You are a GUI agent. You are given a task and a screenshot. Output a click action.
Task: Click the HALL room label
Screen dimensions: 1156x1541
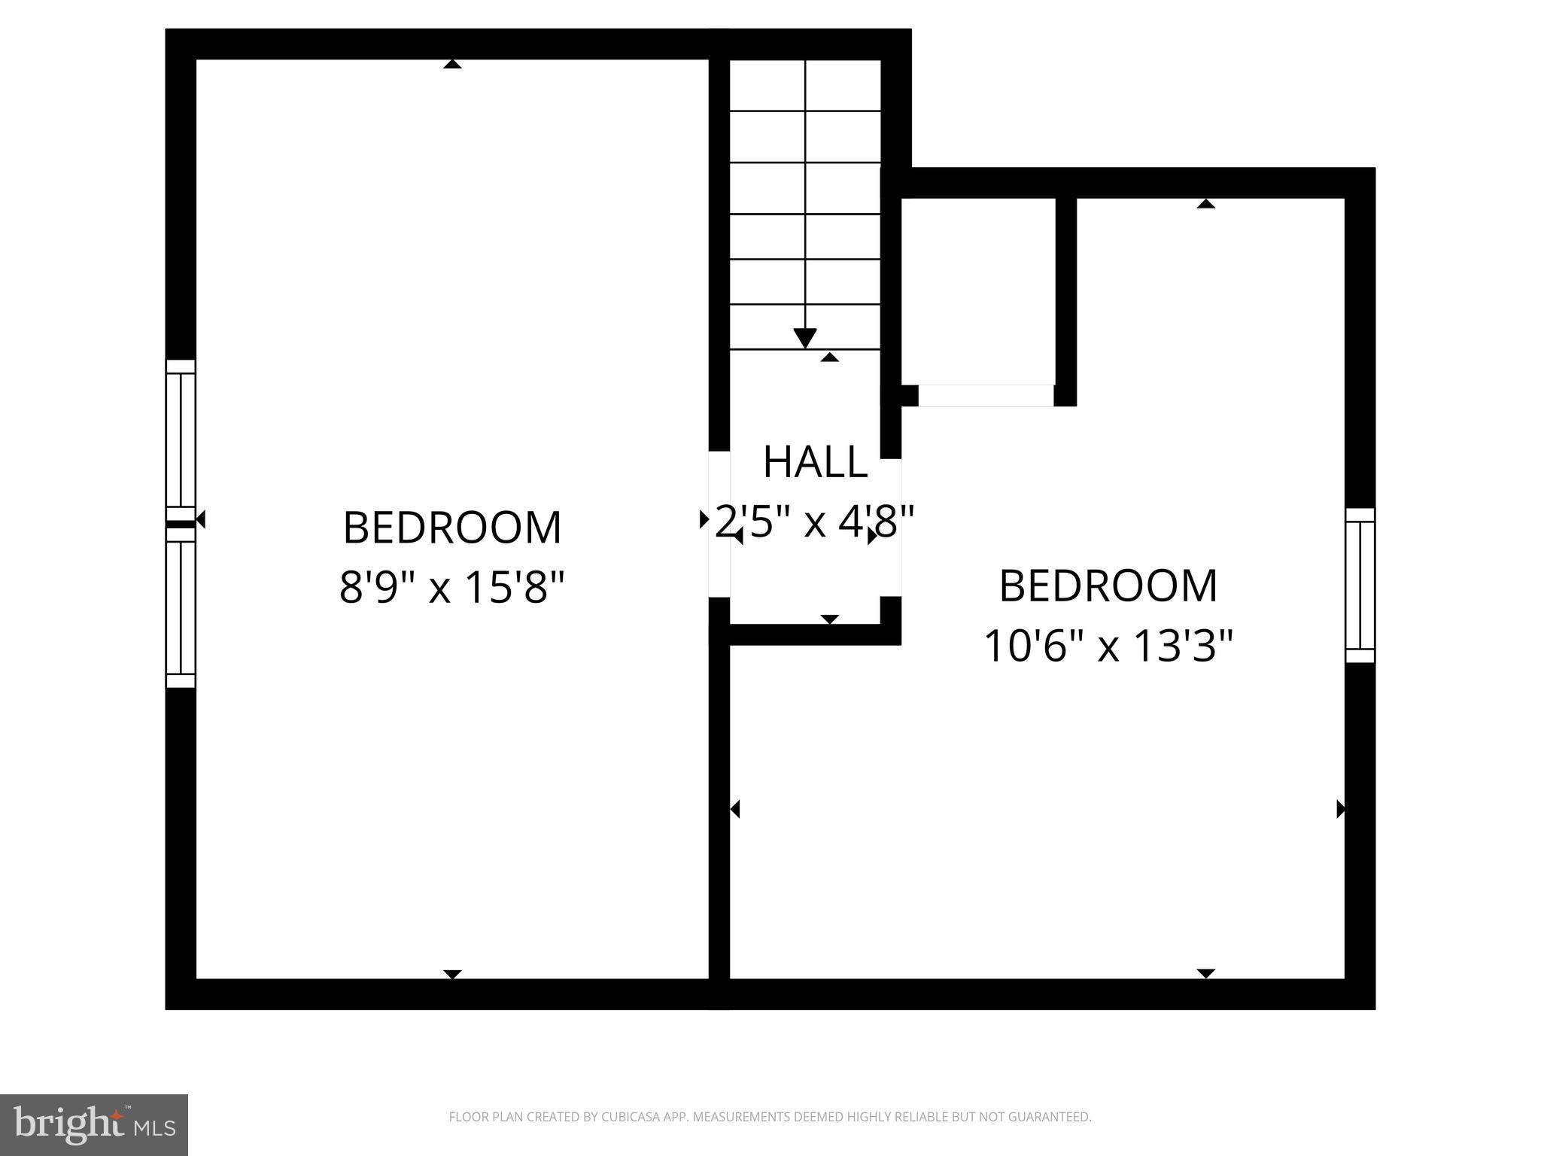(x=815, y=462)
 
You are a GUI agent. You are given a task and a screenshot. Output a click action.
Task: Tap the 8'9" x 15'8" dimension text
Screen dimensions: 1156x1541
(x=451, y=587)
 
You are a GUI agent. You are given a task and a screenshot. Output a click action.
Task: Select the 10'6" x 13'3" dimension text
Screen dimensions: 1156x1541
(x=1108, y=646)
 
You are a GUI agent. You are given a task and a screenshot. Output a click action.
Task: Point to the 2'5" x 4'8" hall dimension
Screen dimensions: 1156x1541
(x=815, y=521)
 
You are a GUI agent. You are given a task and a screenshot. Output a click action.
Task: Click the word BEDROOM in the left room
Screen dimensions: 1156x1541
(x=451, y=528)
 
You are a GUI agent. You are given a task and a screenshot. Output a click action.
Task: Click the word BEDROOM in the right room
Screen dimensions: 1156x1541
(x=1108, y=586)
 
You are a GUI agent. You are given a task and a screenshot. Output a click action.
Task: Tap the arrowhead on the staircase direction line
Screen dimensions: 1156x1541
(x=805, y=339)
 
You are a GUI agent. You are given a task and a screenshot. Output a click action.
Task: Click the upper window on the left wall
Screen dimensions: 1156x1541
(x=181, y=440)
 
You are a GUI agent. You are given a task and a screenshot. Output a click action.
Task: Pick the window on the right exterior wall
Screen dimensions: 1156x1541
(x=1360, y=586)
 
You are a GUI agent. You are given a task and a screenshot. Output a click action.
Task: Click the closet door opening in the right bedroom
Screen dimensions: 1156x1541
(x=986, y=395)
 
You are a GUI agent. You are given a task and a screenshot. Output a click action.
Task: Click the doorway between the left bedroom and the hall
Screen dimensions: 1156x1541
(x=719, y=524)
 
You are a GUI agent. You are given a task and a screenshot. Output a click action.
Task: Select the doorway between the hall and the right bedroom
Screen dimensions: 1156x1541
(x=891, y=527)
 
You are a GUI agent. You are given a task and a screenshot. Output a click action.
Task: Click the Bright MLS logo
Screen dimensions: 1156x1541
(x=94, y=1125)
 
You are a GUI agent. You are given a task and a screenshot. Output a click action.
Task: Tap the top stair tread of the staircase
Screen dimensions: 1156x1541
(x=805, y=85)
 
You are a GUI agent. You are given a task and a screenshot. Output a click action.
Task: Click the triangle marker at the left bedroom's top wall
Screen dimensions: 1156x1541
(x=452, y=65)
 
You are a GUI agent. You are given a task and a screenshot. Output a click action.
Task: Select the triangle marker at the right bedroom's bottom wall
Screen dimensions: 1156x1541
(x=1206, y=973)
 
